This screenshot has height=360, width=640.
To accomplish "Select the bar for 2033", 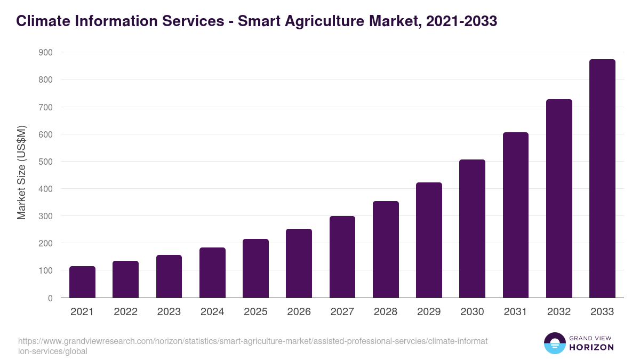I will (x=602, y=179).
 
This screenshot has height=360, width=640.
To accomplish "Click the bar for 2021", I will (x=82, y=282).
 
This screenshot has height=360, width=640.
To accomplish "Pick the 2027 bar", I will (x=342, y=257).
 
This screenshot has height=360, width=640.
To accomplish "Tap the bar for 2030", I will (x=472, y=229).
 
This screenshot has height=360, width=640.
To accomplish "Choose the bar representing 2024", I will (x=212, y=273).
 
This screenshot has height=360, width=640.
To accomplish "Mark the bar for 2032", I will (x=559, y=198).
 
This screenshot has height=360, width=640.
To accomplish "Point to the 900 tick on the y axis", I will (x=45, y=52).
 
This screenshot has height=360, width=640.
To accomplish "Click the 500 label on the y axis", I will (x=45, y=162).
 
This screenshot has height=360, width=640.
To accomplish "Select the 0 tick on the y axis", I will (x=50, y=298).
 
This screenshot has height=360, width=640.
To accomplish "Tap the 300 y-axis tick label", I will (x=45, y=216).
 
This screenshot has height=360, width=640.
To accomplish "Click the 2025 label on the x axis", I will (x=255, y=312).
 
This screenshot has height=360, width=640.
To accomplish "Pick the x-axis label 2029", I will (x=429, y=312).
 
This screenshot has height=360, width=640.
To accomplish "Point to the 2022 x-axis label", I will (x=125, y=312).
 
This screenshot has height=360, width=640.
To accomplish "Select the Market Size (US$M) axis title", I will (x=21, y=172).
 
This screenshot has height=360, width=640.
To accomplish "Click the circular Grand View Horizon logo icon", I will (x=554, y=343).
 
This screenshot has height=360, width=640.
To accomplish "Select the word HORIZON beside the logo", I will (x=591, y=347).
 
